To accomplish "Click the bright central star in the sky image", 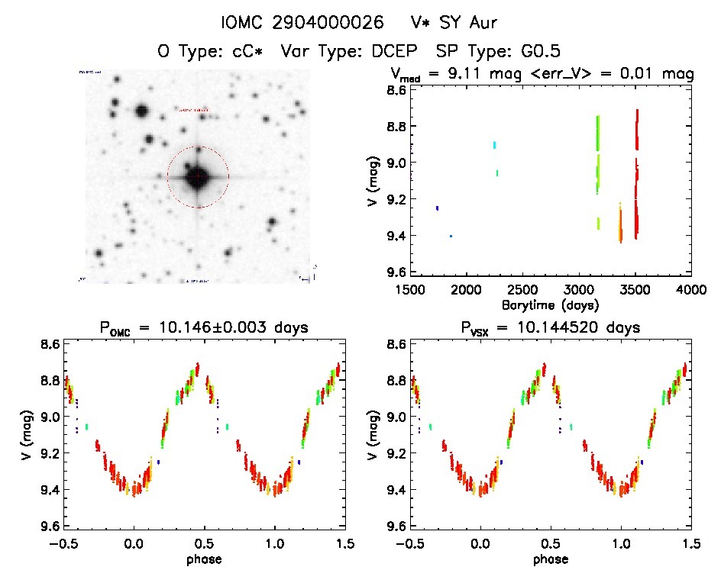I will pyautogui.click(x=197, y=176).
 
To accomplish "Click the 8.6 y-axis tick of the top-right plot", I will pyautogui.click(x=386, y=89).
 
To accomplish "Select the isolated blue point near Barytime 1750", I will pyautogui.click(x=437, y=208).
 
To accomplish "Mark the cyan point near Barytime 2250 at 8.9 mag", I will pyautogui.click(x=495, y=144).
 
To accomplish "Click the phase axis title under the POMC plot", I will pyautogui.click(x=204, y=559).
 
